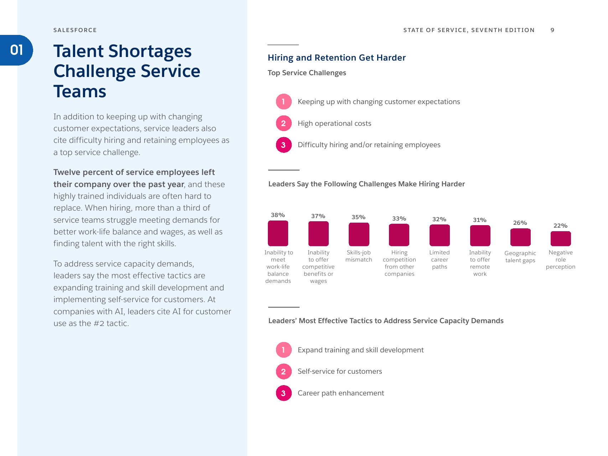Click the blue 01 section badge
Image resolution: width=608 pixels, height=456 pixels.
click(x=16, y=50)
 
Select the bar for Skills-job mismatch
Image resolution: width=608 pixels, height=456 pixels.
click(x=359, y=234)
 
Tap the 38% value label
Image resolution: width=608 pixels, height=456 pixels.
click(x=278, y=215)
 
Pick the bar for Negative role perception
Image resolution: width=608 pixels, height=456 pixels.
click(x=561, y=239)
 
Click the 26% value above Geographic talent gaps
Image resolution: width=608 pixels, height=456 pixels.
click(x=520, y=223)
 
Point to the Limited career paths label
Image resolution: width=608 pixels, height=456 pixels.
click(x=440, y=260)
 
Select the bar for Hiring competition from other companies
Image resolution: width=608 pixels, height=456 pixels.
click(x=399, y=235)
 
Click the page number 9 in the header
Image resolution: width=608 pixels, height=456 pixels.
click(x=552, y=30)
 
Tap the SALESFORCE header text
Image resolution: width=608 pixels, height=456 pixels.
click(x=75, y=30)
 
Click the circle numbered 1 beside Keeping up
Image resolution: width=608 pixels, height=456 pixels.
click(x=284, y=102)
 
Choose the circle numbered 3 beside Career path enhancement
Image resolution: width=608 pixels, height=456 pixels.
click(x=284, y=393)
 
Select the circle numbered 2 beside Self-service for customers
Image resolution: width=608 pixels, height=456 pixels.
click(x=284, y=372)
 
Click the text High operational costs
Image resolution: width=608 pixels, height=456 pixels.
click(x=334, y=124)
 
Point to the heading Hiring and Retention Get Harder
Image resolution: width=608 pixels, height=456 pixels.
click(x=337, y=58)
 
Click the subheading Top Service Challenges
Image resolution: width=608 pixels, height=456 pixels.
click(x=307, y=73)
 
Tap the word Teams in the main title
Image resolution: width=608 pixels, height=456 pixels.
click(x=80, y=92)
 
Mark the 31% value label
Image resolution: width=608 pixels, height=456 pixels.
click(x=479, y=220)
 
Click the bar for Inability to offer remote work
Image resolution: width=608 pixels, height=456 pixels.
click(x=480, y=236)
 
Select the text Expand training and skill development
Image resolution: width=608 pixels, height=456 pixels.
click(x=360, y=350)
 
